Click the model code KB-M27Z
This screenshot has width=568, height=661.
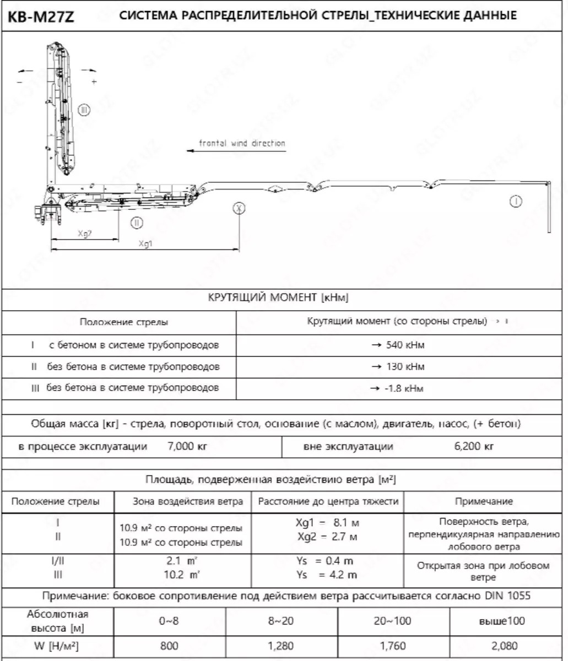pos(41,17)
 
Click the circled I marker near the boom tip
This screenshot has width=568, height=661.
pos(516,202)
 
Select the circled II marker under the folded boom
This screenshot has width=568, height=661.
pos(137,223)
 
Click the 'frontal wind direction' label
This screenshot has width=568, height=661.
pos(242,143)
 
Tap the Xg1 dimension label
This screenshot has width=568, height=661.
pos(145,243)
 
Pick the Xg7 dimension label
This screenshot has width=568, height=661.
pos(84,233)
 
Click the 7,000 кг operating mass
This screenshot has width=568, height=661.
pos(187,446)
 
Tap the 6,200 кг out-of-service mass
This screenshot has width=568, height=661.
pos(474,446)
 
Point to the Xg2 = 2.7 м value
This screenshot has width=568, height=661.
pos(327,536)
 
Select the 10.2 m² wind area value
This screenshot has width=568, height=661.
pos(182,575)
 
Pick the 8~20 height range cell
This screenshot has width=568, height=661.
pos(281,621)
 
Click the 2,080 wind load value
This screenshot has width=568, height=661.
pos(509,646)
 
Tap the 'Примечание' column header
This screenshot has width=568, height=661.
pos(484,501)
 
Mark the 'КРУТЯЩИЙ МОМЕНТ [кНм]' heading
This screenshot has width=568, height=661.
pos(278,298)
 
